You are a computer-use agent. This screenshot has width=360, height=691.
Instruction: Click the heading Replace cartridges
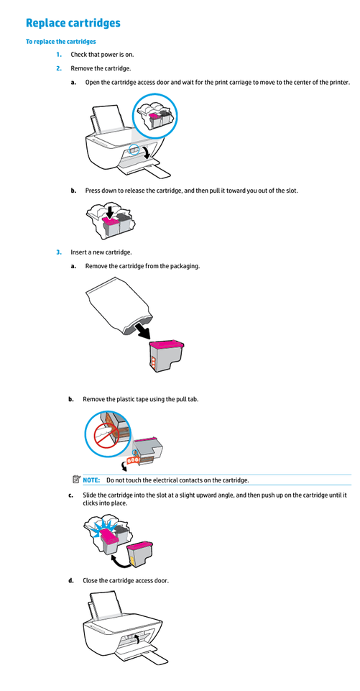pyautogui.click(x=73, y=23)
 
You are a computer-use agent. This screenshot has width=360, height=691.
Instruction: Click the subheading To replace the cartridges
pyautogui.click(x=61, y=42)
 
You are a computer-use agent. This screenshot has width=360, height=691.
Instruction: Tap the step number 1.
pyautogui.click(x=59, y=55)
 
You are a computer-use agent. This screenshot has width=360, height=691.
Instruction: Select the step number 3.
pyautogui.click(x=59, y=252)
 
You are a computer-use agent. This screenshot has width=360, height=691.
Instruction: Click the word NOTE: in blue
pyautogui.click(x=91, y=480)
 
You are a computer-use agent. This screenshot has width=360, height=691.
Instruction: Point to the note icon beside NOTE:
pyautogui.click(x=76, y=479)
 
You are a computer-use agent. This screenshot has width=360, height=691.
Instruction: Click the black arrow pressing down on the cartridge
pyautogui.click(x=109, y=212)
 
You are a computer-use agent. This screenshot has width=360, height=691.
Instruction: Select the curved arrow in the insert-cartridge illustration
pyautogui.click(x=118, y=561)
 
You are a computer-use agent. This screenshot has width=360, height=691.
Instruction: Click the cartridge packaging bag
pyautogui.click(x=118, y=305)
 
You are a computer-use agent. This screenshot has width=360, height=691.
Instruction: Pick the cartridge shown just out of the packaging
pyautogui.click(x=166, y=356)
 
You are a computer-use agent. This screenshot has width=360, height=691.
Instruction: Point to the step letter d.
pyautogui.click(x=70, y=581)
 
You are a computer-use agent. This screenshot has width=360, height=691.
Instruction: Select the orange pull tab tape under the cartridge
pyautogui.click(x=131, y=460)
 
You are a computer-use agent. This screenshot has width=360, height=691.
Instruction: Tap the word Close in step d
pyautogui.click(x=90, y=581)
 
